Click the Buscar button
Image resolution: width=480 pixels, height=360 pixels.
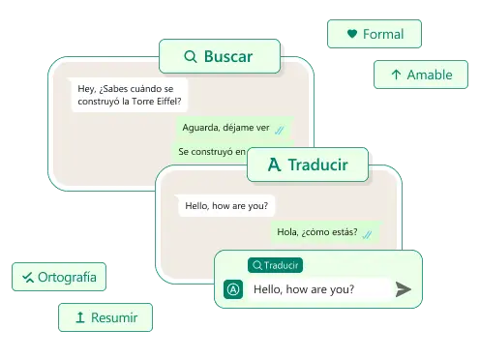219,57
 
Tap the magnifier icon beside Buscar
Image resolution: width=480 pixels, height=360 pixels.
191,57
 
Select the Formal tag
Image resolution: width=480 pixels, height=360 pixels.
374,34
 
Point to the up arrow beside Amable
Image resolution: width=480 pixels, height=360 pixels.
396,75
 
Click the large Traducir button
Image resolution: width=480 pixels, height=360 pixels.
309,165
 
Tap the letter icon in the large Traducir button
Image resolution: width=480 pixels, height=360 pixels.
274,165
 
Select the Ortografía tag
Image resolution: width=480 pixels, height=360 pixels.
58,278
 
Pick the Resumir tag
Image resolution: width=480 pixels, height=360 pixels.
105,317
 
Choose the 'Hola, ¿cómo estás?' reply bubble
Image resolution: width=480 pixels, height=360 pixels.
323,231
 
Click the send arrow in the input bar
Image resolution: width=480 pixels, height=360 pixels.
404,288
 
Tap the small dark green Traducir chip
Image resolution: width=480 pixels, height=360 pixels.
275,265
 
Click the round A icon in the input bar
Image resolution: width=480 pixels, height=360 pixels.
232,288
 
